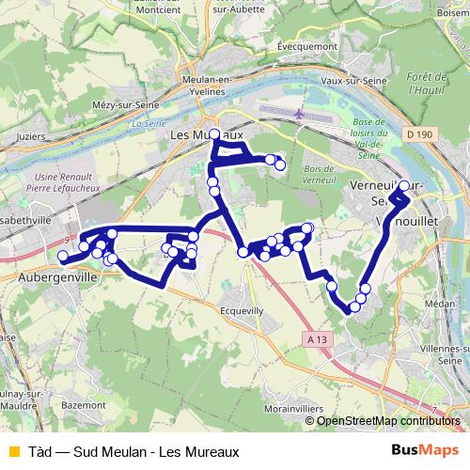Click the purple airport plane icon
pos(300,114)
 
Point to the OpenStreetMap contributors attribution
pos(388,421)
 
